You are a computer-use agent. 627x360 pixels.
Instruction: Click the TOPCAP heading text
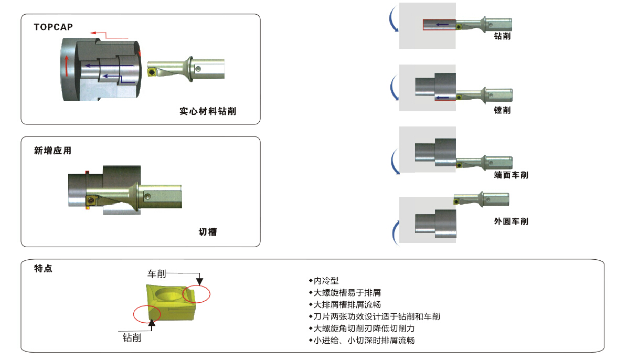(53, 27)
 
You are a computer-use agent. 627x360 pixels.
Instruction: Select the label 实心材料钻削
(208, 111)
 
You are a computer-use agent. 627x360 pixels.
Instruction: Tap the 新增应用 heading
(53, 151)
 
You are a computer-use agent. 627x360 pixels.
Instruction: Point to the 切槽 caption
(208, 232)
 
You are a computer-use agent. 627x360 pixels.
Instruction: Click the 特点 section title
(43, 268)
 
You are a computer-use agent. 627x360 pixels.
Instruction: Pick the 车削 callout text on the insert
(156, 273)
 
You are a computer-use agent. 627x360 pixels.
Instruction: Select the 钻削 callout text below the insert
(132, 338)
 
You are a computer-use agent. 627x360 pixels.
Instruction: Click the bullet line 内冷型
(324, 281)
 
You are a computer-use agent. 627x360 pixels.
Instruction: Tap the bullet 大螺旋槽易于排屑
(345, 293)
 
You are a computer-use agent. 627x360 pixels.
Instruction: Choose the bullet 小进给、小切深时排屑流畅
(362, 341)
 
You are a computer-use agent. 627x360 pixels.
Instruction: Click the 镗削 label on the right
(502, 110)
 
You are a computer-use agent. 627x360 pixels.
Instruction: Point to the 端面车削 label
(511, 175)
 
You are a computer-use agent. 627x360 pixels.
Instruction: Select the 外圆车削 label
(511, 221)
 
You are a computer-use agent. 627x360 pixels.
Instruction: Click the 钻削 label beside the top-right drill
(502, 36)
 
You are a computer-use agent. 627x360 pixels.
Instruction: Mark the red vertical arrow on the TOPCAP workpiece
(67, 66)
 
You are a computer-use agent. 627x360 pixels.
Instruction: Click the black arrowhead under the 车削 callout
(199, 281)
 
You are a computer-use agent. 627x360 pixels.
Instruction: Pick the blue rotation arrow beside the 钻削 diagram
(392, 18)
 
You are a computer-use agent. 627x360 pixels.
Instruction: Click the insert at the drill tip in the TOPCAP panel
(152, 72)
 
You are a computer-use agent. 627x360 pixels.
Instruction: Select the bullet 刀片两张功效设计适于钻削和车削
(375, 317)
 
